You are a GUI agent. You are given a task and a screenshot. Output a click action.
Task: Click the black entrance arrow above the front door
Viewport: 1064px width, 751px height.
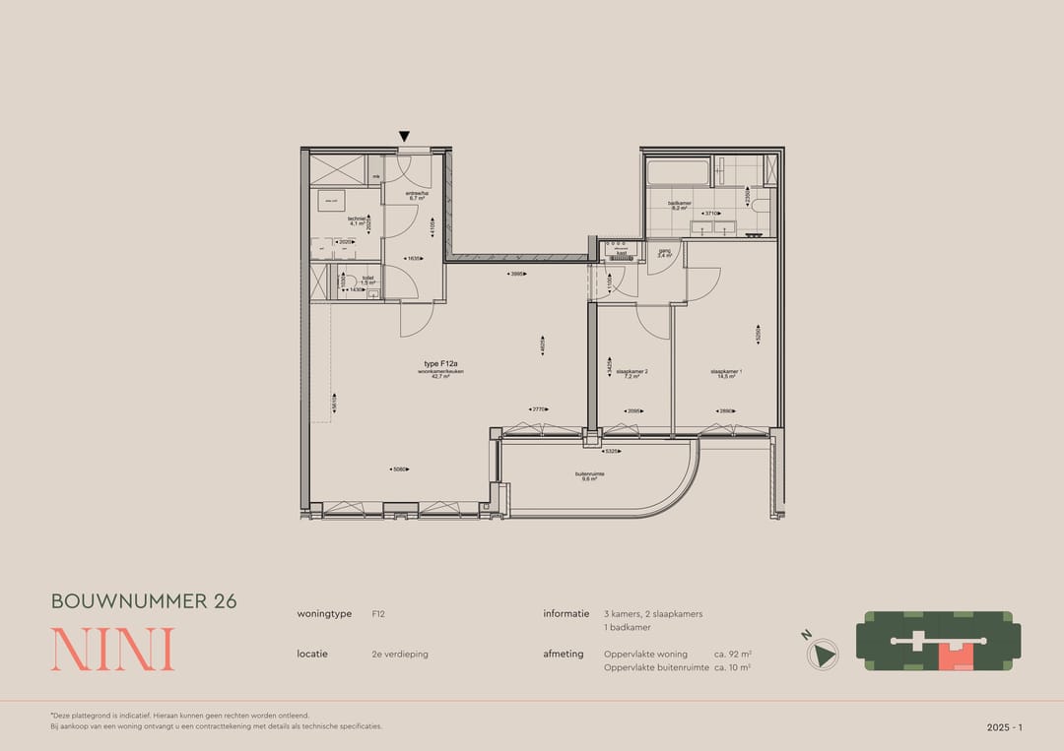(404, 137)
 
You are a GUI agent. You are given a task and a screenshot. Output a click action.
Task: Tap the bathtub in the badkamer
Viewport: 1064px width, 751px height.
(679, 174)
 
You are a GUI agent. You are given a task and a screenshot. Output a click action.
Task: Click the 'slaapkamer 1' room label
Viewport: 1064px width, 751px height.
(726, 373)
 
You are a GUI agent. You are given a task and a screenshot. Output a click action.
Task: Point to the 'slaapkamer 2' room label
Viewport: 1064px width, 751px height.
(632, 373)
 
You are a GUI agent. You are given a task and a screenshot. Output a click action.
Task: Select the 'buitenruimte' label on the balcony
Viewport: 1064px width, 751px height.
(590, 475)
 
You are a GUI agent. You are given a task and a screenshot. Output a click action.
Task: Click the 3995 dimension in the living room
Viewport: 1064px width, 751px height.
(516, 274)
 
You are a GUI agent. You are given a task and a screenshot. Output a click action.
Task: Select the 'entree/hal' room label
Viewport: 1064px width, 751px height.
(416, 195)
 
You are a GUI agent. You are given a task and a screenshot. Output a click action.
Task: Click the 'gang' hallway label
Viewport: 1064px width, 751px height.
(664, 252)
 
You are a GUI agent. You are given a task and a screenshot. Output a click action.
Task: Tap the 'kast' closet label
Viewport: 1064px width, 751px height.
(622, 253)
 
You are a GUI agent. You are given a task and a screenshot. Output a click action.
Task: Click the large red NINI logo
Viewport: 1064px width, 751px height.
(112, 650)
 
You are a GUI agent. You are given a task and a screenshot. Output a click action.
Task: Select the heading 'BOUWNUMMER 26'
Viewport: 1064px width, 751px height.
(144, 601)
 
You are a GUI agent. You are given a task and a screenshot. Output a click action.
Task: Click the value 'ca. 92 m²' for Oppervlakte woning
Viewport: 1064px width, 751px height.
(732, 654)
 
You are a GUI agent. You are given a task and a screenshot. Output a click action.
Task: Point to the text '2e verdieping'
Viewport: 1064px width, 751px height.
(400, 654)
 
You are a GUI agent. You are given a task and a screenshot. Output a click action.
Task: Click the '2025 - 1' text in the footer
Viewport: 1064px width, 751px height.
(1005, 727)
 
